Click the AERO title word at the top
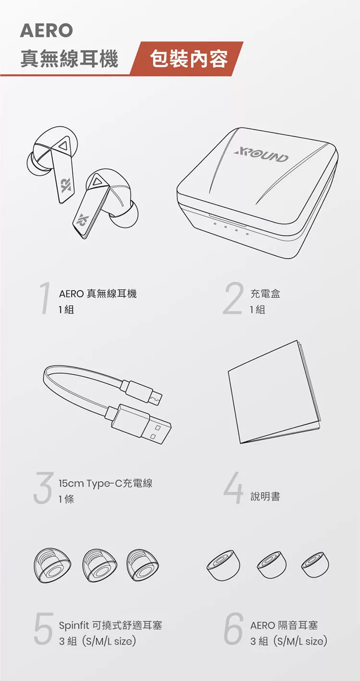(x=47, y=31)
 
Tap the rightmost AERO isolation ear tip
(x=315, y=562)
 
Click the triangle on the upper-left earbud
(x=62, y=146)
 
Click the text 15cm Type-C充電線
(x=106, y=483)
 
